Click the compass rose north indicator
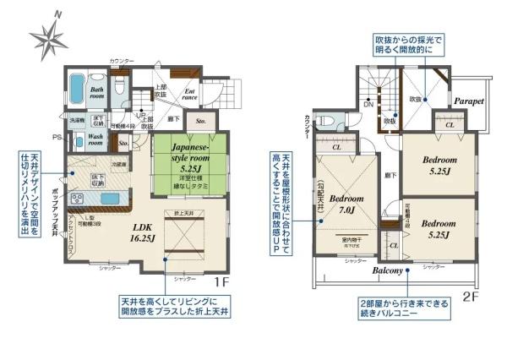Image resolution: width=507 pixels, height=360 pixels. [x=48, y=35]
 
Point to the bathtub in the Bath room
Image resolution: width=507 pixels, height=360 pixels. [x=76, y=88]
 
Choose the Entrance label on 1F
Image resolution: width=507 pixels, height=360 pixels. [x=190, y=95]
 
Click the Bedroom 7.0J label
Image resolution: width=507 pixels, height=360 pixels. [x=346, y=207]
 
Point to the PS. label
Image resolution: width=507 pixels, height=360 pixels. [x=56, y=137]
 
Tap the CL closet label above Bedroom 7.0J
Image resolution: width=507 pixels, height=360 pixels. [x=336, y=147]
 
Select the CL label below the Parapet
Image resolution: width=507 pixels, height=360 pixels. [x=450, y=124]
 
